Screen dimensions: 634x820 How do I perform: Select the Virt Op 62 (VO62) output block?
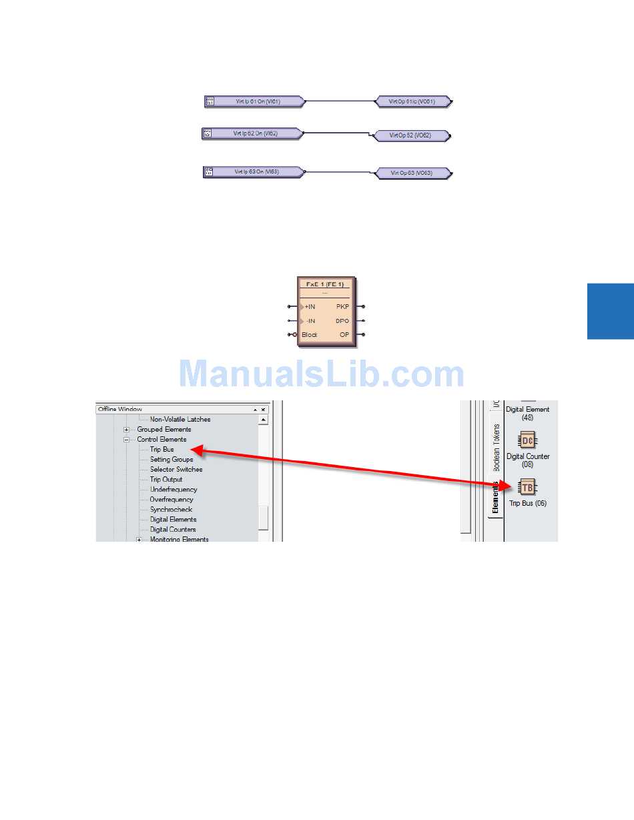(x=410, y=136)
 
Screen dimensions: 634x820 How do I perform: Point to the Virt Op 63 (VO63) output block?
(x=412, y=173)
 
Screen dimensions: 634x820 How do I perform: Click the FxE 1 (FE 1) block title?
(x=325, y=284)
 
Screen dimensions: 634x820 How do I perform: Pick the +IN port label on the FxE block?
(x=310, y=307)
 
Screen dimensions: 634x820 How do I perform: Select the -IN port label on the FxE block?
(x=310, y=321)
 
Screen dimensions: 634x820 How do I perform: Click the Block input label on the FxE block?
(x=310, y=335)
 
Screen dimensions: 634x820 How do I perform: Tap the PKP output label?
(x=342, y=307)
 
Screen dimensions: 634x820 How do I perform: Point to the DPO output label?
(x=342, y=321)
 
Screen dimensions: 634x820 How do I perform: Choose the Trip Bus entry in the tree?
(x=162, y=450)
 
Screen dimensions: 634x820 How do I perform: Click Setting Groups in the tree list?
(x=172, y=460)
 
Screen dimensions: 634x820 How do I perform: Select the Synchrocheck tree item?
(x=171, y=510)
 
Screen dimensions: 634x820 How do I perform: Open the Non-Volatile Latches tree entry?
(x=180, y=420)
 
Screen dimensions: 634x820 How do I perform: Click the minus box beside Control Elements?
(x=126, y=440)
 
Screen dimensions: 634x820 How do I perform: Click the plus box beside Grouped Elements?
(x=126, y=430)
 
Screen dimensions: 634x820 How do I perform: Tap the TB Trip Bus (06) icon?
(x=527, y=487)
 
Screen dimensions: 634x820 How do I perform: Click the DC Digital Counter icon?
(x=527, y=440)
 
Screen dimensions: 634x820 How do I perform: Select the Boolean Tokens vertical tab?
(x=495, y=448)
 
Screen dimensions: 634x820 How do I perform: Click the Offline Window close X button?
(x=263, y=410)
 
